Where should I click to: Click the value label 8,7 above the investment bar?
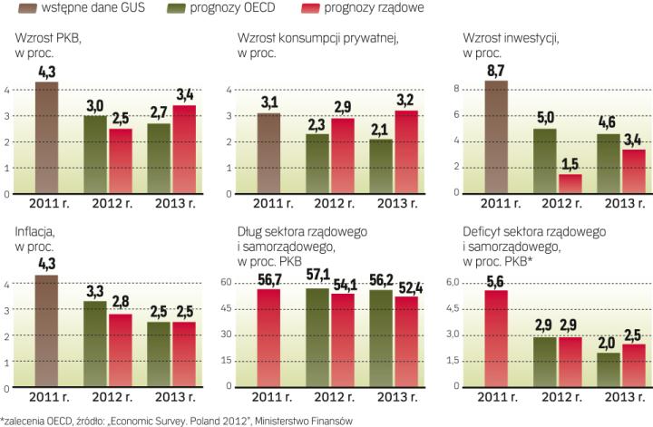[x=494, y=70]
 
